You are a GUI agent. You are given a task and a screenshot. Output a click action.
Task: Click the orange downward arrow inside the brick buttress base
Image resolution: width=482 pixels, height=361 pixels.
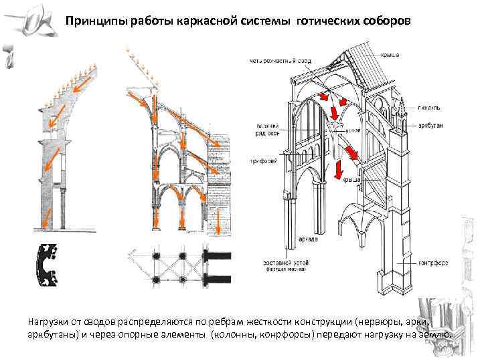pyautogui.click(x=218, y=228)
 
